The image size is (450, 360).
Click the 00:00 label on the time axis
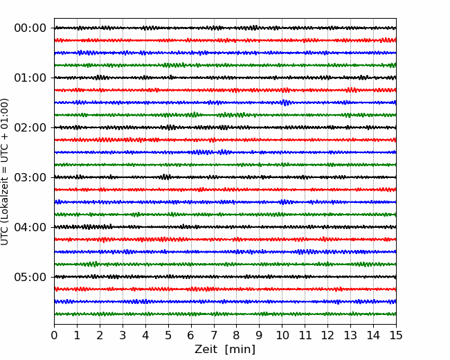pos(30,28)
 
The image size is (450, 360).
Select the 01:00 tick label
pos(30,78)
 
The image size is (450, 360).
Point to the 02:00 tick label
pos(30,127)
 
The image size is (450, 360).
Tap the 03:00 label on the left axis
pos(30,177)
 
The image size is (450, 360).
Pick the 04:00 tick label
pos(30,227)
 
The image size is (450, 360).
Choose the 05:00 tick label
pos(30,277)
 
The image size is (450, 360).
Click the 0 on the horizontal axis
pos(54,335)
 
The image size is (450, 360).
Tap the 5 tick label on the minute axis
pos(168,335)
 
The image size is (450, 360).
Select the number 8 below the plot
pos(237,335)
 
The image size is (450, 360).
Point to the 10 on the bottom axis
pos(282,335)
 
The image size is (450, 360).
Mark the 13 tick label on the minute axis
pos(350,335)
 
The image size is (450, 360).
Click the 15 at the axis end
pos(396,335)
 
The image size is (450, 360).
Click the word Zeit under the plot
pos(206,350)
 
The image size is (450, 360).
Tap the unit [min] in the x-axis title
pos(240,350)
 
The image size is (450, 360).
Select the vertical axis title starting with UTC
pos(5,172)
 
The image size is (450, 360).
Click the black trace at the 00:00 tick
pos(225,28)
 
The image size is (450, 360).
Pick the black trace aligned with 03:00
pos(225,177)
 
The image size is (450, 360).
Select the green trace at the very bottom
pos(225,314)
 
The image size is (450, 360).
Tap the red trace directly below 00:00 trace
pos(225,40)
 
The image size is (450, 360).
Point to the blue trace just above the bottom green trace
pos(225,301)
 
